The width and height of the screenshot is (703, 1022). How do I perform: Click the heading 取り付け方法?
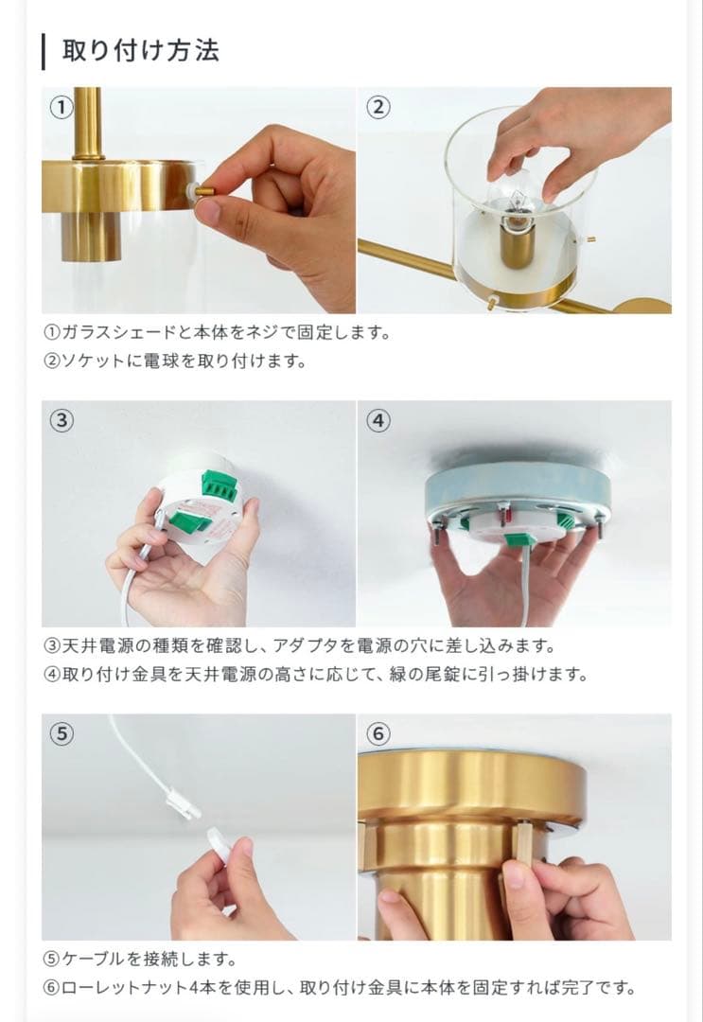coord(141,51)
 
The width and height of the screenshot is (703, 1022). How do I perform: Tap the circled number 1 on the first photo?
coord(62,107)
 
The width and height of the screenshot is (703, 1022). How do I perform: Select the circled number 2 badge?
coord(378,107)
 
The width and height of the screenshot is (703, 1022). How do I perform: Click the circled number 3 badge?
coord(62,420)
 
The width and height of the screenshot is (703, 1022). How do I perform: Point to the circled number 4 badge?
coord(378,420)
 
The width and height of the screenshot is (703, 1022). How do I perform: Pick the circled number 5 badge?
coord(62,734)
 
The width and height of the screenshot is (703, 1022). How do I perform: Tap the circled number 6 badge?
coord(378,734)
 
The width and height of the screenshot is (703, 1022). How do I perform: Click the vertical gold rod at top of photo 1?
coord(88,123)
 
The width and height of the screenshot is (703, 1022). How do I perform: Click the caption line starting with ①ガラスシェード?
coord(217,332)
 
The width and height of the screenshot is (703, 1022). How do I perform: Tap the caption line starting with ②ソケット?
coord(175,361)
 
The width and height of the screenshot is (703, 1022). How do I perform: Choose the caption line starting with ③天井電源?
coord(300,646)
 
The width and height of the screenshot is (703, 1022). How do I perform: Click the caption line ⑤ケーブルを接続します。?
coord(140,959)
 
